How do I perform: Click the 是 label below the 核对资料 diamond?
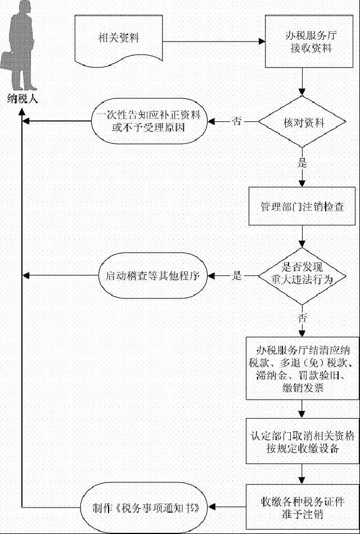303,164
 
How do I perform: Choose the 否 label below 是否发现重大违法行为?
303,319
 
